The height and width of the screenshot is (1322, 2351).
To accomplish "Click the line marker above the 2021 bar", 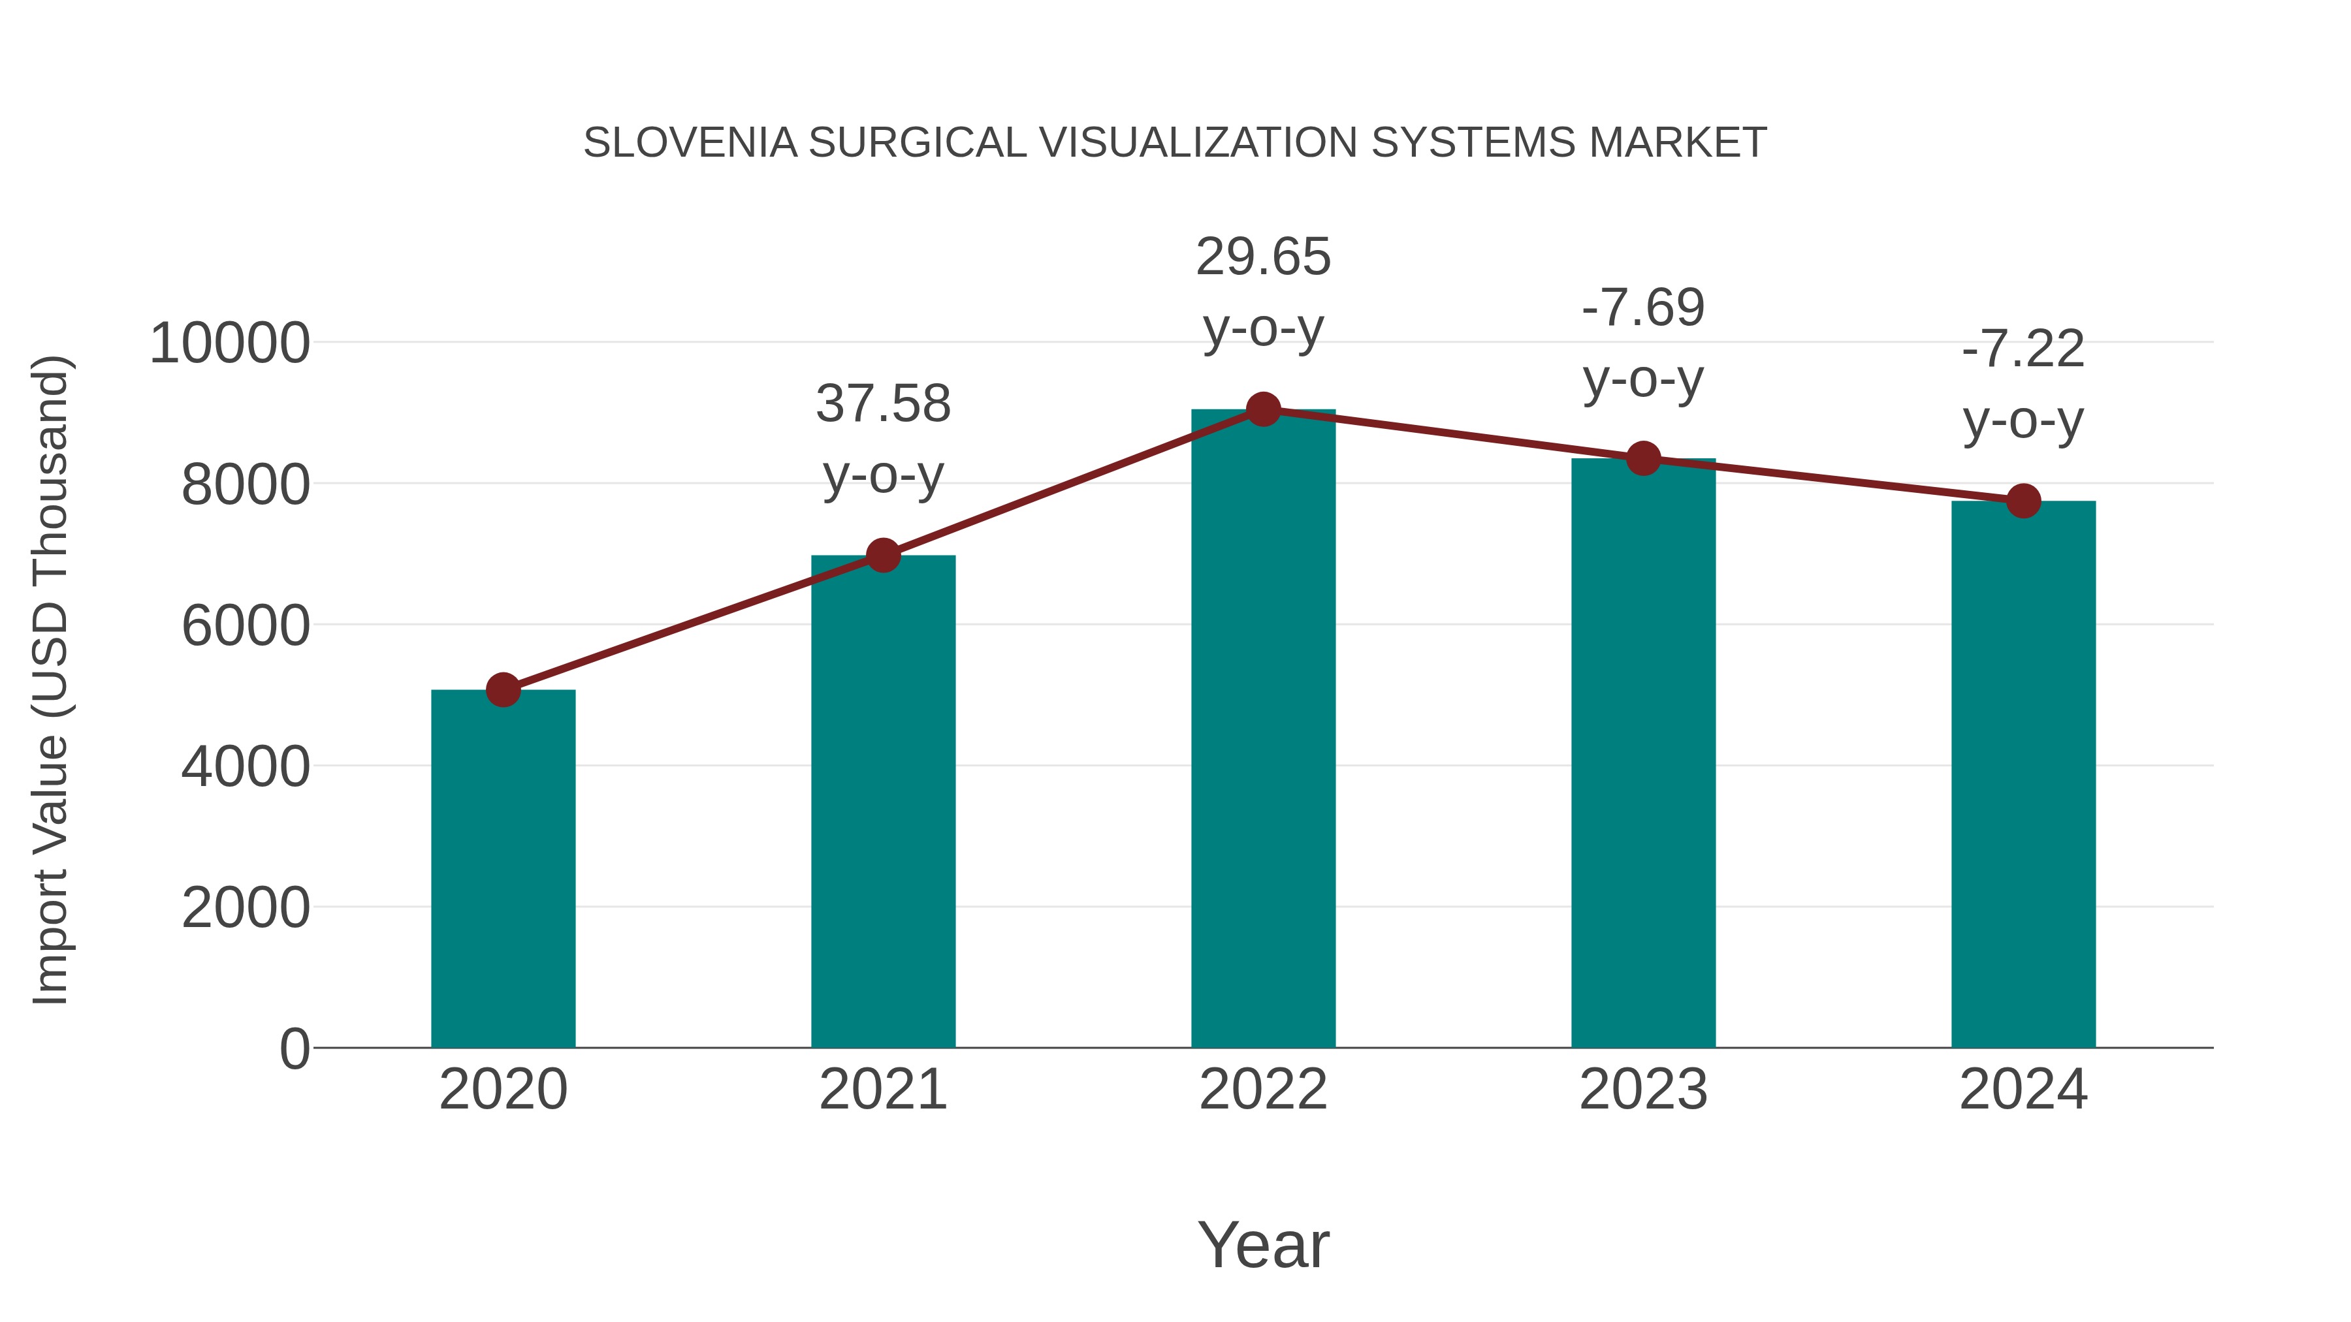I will [882, 555].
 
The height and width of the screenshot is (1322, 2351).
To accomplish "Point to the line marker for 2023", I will [1643, 459].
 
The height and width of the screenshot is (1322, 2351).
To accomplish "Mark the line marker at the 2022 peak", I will [1263, 409].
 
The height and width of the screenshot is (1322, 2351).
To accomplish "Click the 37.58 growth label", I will [882, 404].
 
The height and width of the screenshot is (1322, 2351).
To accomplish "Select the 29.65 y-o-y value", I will [1263, 257].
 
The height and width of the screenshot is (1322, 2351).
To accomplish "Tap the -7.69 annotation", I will [1643, 307].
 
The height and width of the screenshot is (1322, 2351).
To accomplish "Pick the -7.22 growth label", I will [2023, 349].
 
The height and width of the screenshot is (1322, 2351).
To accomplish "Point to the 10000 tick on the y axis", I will [230, 344].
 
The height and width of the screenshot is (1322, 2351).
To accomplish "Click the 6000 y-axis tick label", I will [246, 627].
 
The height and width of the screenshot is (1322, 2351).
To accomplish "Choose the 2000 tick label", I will [246, 909].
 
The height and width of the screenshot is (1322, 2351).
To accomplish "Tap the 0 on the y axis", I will [295, 1049].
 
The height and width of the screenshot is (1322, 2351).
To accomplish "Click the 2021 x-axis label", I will [882, 1090].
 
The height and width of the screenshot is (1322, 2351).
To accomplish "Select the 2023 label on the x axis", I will [1643, 1090].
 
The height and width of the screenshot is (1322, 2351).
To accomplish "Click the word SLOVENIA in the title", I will [690, 143].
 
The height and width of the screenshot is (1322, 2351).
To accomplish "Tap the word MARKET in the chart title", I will [1678, 143].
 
